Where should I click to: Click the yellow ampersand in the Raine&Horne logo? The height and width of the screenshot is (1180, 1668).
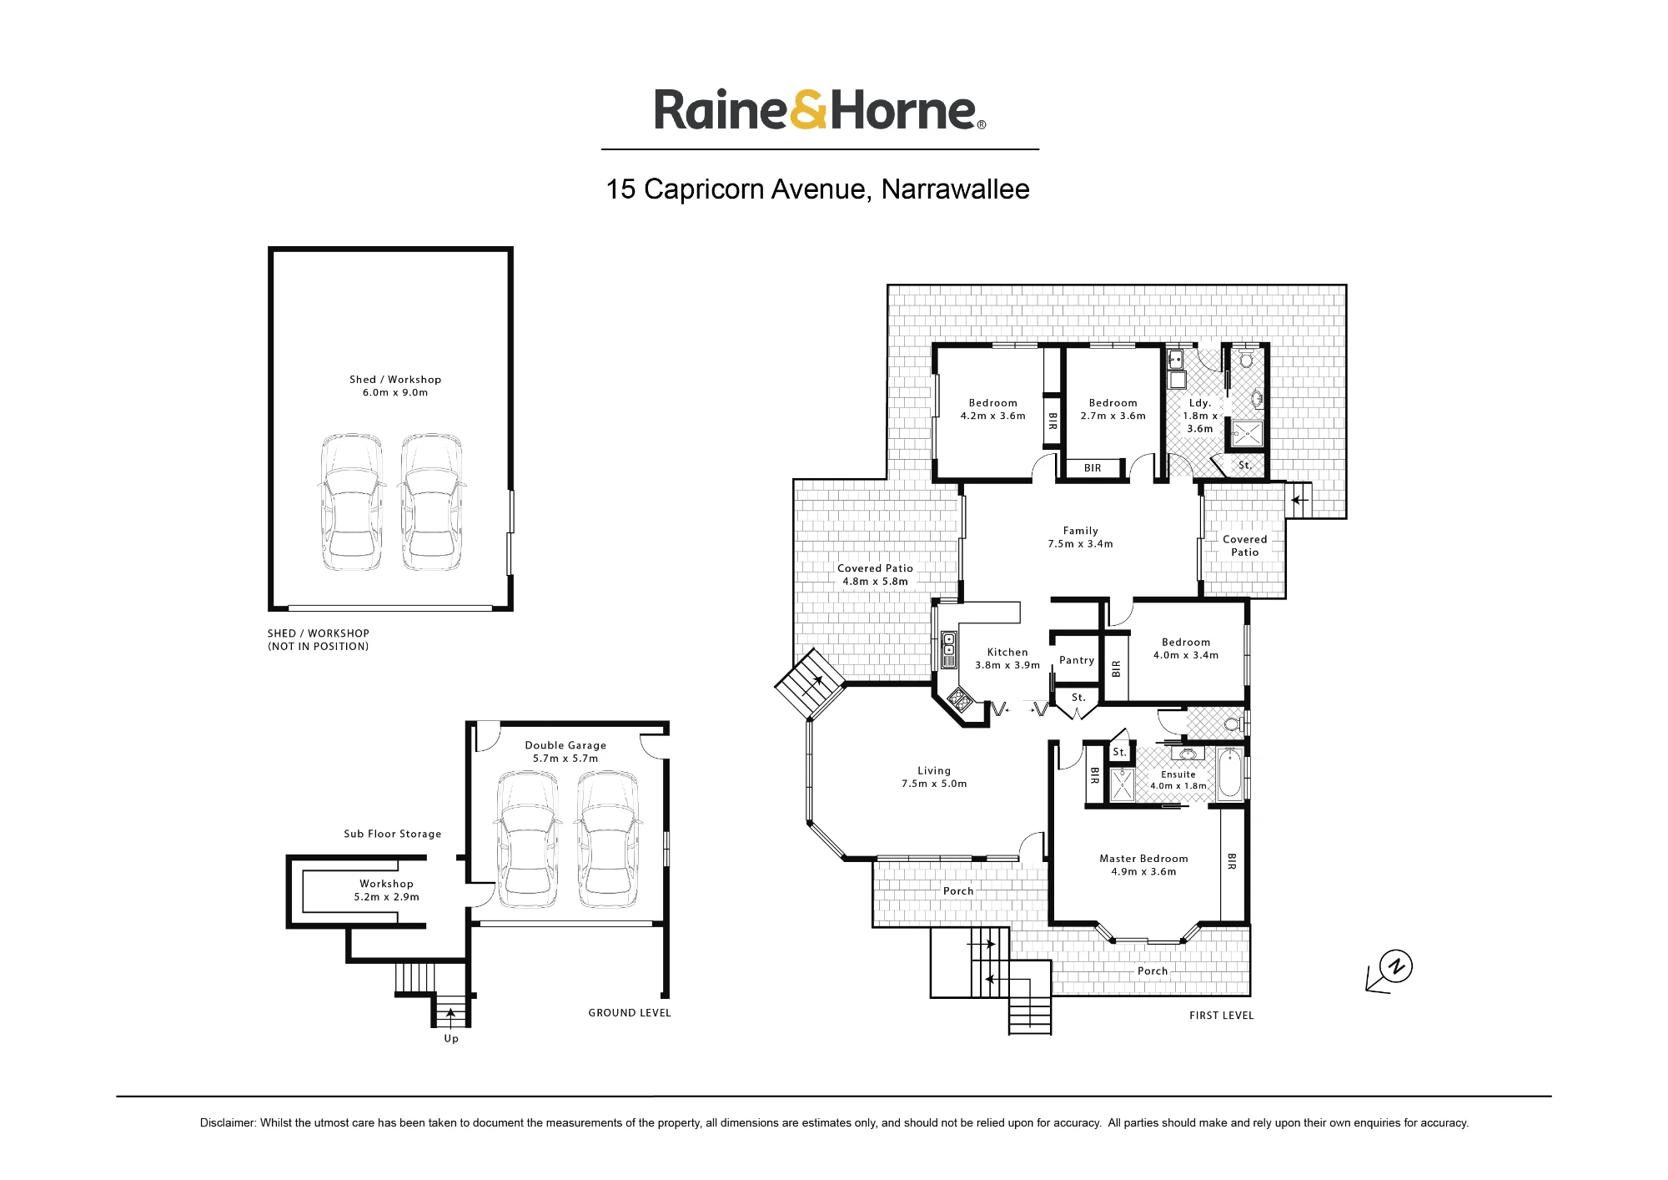[810, 110]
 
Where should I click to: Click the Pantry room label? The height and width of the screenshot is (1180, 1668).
[1077, 660]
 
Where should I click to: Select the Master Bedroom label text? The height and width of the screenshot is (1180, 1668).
[1143, 859]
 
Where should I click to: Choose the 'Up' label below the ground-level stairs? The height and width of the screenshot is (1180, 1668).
[451, 1039]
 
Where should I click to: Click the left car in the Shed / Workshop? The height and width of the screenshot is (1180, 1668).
[353, 502]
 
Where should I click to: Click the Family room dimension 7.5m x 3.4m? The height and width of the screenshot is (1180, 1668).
[1080, 544]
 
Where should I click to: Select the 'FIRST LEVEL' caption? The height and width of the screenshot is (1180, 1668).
[1221, 1016]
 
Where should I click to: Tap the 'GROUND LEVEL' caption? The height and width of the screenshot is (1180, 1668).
[630, 1013]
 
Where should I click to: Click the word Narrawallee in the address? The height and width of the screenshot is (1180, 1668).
[955, 189]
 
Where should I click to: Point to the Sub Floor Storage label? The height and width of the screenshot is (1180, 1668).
[393, 834]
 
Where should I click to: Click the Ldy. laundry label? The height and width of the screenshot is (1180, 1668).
[1200, 403]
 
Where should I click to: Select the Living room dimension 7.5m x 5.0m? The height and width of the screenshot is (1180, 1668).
[934, 784]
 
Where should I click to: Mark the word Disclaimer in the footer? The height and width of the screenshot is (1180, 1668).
[228, 1123]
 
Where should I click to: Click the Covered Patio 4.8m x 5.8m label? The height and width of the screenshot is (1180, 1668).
[875, 575]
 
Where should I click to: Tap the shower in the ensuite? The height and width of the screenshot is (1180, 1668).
[1123, 785]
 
